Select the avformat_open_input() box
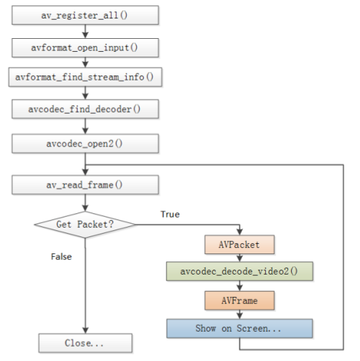click(85, 47)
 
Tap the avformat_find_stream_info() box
click(85, 77)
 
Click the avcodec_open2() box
click(85, 144)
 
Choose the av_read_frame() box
click(85, 184)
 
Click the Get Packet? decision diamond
click(85, 224)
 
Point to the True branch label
click(170, 214)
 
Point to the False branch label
click(62, 257)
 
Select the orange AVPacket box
click(239, 244)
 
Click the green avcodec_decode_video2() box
click(239, 272)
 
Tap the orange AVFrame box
click(239, 300)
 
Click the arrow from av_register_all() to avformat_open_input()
click(85, 31)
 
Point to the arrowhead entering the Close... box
click(85, 329)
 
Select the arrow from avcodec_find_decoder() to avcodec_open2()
click(85, 125)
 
